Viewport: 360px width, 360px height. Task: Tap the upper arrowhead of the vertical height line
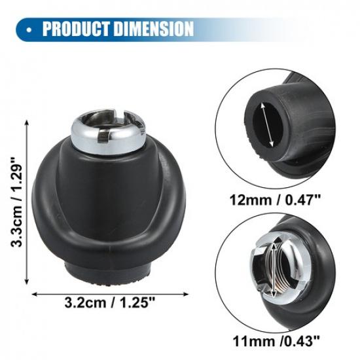tap(27, 122)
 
